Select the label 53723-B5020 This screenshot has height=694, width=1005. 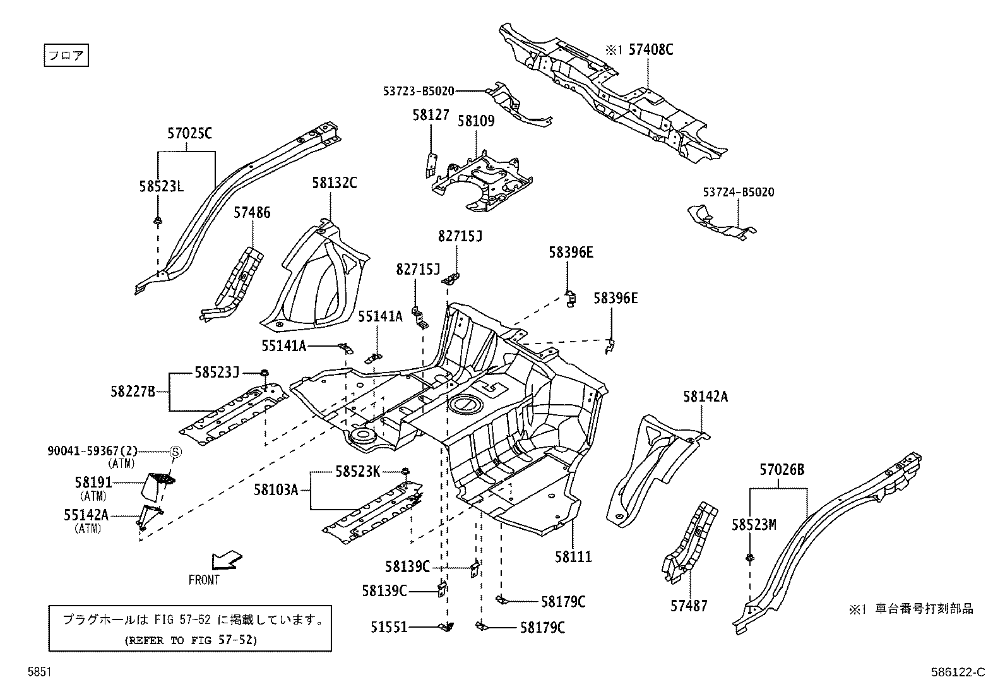click(418, 91)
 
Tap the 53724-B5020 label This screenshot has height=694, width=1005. click(738, 192)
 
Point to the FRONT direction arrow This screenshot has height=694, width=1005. click(226, 559)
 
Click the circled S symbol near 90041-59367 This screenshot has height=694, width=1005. click(176, 452)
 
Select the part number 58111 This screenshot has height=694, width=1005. click(573, 557)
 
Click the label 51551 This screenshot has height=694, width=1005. click(389, 628)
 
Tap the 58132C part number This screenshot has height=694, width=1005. click(334, 183)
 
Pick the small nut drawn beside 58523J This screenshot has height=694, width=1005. click(265, 373)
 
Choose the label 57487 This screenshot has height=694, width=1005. click(689, 606)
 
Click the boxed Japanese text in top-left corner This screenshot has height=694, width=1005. click(66, 55)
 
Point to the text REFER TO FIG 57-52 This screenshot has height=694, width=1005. click(190, 640)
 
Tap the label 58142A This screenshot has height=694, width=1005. click(705, 397)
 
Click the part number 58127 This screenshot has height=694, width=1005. click(431, 115)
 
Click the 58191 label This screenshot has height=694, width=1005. click(93, 482)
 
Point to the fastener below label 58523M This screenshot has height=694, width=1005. click(749, 557)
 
